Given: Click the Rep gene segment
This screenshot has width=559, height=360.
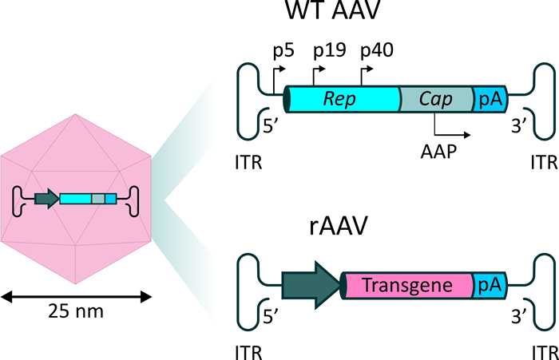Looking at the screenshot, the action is (343, 99).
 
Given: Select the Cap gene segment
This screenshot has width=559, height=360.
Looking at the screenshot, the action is (436, 99).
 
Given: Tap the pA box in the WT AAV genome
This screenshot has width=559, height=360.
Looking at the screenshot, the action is (490, 99).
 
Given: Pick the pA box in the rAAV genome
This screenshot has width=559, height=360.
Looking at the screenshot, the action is (490, 285).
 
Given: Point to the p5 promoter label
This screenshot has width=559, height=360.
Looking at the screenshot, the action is (283, 50).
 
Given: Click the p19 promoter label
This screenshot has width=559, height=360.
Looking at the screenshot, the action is (329, 50).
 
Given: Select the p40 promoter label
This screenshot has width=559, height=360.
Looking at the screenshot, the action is (377, 50).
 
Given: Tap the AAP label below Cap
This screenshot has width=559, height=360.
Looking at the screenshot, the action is (438, 152).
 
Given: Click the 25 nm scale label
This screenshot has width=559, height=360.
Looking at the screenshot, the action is (76, 311).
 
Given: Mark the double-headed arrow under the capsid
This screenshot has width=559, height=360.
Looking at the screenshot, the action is (76, 297).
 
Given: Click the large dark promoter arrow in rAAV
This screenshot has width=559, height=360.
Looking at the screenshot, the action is (311, 285).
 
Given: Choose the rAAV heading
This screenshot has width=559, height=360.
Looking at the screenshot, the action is (338, 226).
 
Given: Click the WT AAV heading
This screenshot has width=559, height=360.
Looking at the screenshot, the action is (333, 10).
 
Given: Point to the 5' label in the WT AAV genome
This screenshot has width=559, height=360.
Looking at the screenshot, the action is (270, 126).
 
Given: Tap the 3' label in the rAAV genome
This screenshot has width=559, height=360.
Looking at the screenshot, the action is (519, 316).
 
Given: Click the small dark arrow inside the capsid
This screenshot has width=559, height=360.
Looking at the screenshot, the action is (47, 199).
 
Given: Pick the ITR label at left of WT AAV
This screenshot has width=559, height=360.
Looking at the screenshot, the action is (248, 163).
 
